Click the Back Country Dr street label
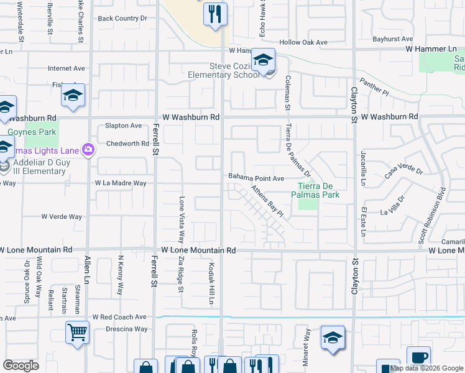(x=122, y=19)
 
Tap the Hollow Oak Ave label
(x=303, y=42)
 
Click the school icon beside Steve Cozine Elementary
(x=264, y=60)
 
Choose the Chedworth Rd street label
(x=127, y=144)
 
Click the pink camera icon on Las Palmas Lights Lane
(x=88, y=149)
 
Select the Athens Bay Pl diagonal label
(x=267, y=201)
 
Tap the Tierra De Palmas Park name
(x=316, y=190)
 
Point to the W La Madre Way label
(x=121, y=183)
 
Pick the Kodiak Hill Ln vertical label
(x=211, y=283)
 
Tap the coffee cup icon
(x=419, y=357)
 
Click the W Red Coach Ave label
(x=119, y=316)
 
